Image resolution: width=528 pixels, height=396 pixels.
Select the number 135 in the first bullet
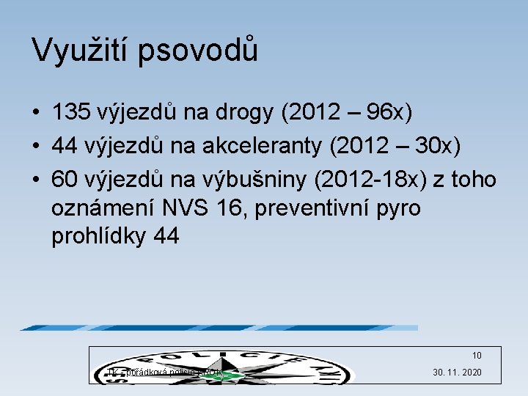71,113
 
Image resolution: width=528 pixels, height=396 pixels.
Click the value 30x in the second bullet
437,146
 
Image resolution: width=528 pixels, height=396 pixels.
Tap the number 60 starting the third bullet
65,179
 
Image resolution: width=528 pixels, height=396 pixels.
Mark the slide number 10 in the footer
477,356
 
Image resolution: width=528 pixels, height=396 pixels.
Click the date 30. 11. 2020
457,373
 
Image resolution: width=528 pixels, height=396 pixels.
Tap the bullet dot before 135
35,114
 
